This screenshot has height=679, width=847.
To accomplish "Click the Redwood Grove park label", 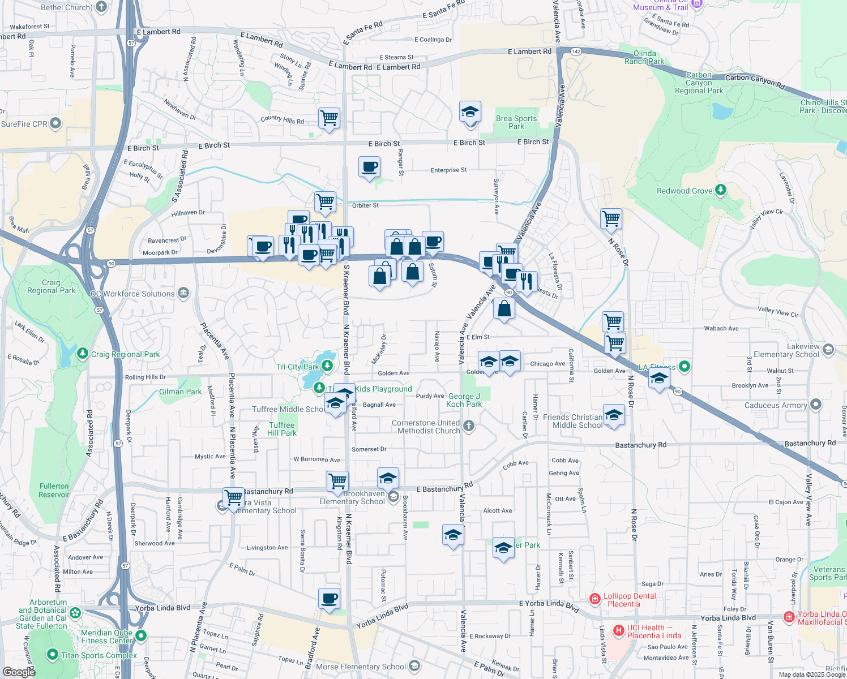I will click(x=685, y=191).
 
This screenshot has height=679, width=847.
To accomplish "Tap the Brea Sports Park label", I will click(x=516, y=122).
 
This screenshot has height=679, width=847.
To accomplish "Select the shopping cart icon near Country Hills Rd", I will click(x=329, y=118).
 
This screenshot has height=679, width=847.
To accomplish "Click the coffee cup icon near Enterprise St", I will click(x=369, y=167).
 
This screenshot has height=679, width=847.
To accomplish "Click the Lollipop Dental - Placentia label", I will click(x=630, y=600).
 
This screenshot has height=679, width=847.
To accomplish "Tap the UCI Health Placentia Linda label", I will click(x=654, y=631).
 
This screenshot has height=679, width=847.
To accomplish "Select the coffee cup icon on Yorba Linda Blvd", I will click(x=329, y=598).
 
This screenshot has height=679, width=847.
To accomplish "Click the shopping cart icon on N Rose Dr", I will click(x=611, y=218).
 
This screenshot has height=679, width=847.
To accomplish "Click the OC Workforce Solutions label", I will click(x=139, y=294).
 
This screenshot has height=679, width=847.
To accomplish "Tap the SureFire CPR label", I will click(x=24, y=124).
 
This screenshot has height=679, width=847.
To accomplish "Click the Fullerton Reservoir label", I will click(x=54, y=490).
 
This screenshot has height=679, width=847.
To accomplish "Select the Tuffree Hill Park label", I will click(x=282, y=429).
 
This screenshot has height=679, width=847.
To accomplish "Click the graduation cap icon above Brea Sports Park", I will click(x=470, y=112).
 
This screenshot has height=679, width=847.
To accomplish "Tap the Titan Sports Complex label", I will click(x=99, y=655).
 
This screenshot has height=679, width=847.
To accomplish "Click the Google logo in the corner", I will click(x=19, y=672).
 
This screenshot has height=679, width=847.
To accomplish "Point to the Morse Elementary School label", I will click(x=361, y=667).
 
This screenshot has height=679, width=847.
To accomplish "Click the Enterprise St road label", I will click(x=448, y=170).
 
